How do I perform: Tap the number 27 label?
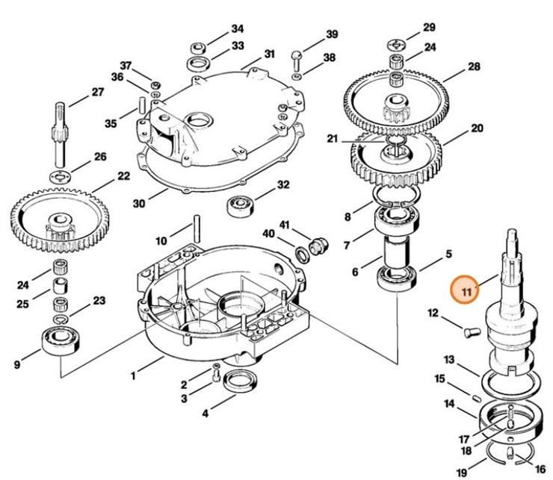[x=98, y=93]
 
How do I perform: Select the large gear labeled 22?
[x=60, y=216]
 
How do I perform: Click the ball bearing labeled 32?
[x=241, y=204]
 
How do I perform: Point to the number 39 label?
[x=332, y=34]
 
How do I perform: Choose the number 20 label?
[x=477, y=128]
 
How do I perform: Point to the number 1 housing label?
[x=133, y=376]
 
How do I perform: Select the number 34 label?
[x=237, y=28]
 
